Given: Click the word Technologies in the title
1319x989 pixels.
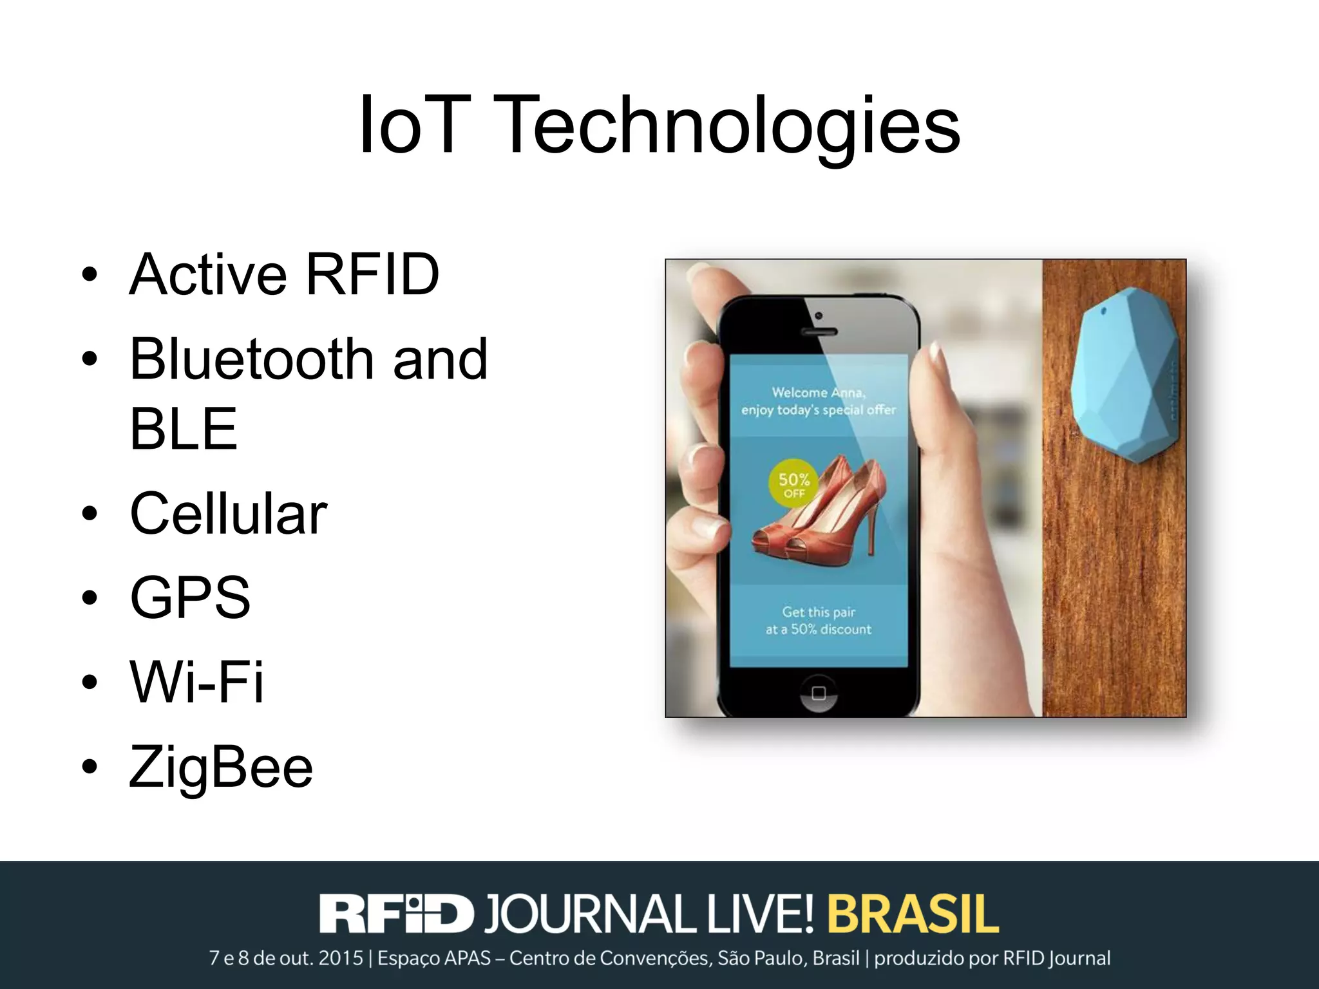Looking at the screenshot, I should coord(727,126).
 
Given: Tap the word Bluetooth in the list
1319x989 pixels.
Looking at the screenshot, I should coord(252,359).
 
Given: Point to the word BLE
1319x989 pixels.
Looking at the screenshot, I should coord(184,429).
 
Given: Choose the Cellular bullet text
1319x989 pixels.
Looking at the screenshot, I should coord(229,514).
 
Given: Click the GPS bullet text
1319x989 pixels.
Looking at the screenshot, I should coord(190,598).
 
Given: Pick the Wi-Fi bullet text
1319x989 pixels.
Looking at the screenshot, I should coord(197,681).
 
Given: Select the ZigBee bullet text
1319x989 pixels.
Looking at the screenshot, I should coord(221,766).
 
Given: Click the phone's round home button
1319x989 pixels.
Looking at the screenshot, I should coord(819,693).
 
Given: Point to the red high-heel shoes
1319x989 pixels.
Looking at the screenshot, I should coord(821,509).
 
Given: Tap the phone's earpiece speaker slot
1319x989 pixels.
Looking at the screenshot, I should coord(819,332).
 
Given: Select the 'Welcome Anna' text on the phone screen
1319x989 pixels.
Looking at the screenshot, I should coord(819,392).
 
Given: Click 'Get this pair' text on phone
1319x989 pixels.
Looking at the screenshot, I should coord(819,612).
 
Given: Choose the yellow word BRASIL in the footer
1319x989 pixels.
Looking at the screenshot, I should coord(913,914).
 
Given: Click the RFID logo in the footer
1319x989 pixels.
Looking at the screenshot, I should coord(396,914).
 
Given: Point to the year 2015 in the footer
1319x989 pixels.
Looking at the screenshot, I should coord(341,959).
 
